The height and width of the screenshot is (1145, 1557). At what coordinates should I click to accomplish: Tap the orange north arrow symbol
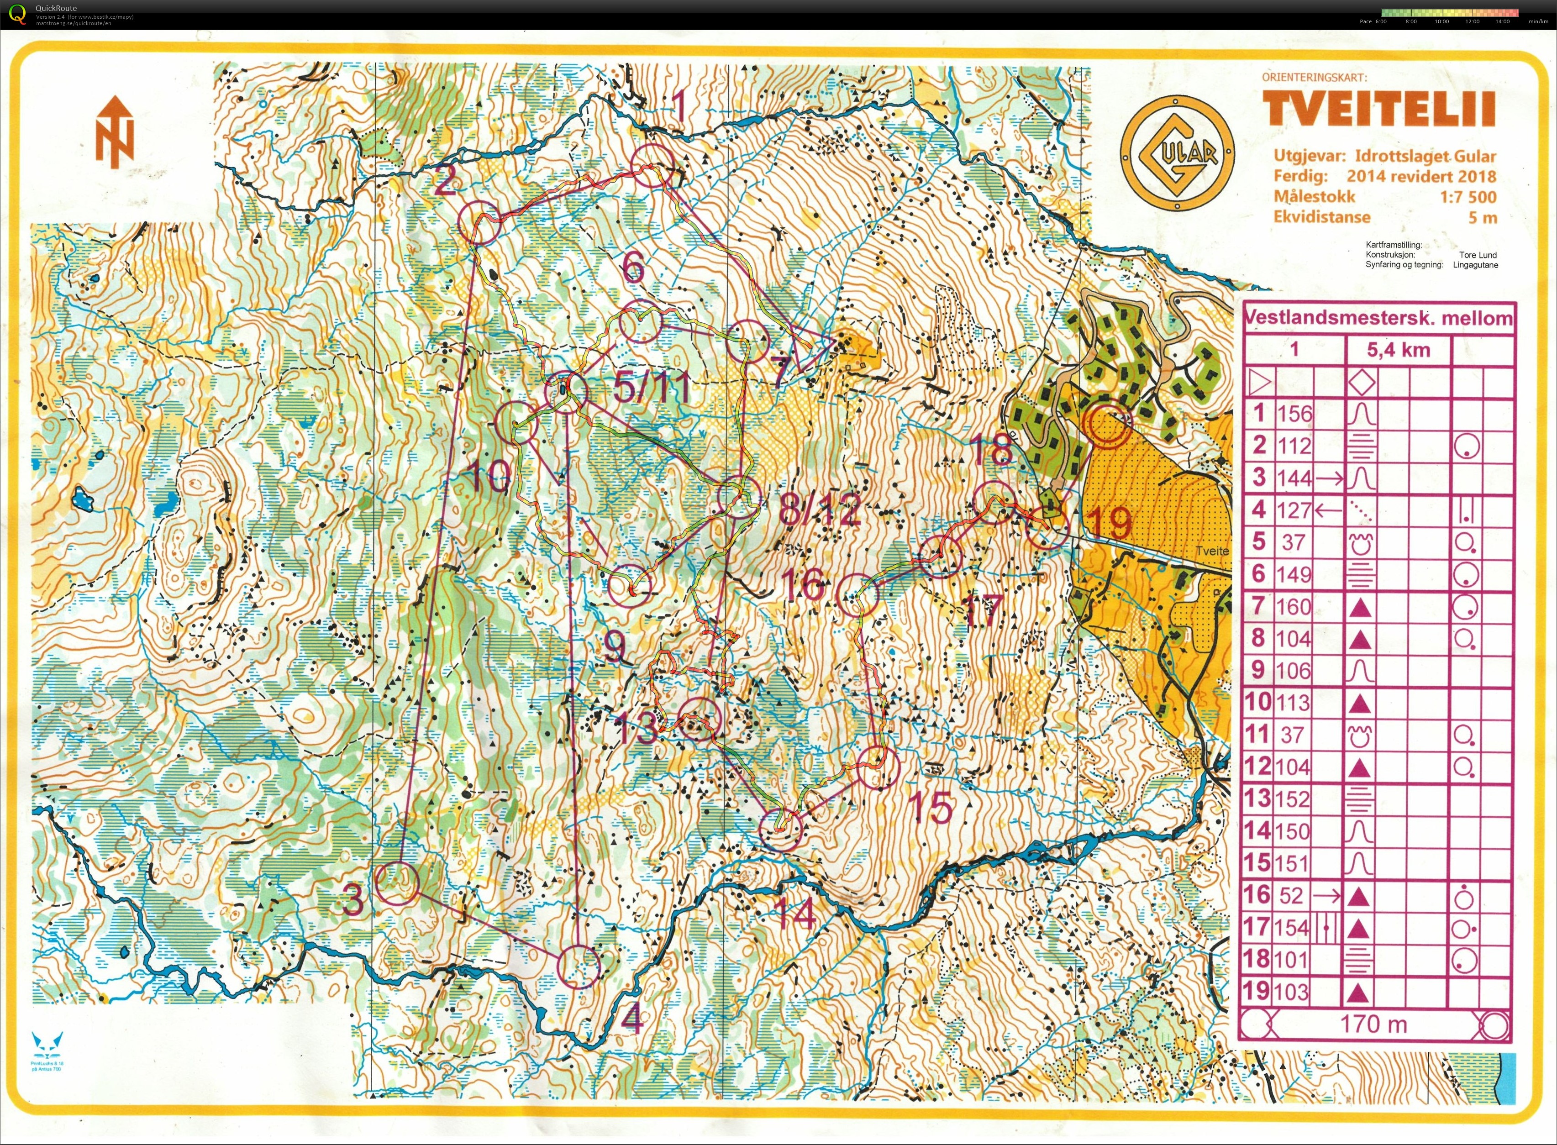point(114,131)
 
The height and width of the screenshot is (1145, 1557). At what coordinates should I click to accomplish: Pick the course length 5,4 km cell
point(1398,350)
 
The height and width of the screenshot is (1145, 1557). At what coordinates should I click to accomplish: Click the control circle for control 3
point(397,883)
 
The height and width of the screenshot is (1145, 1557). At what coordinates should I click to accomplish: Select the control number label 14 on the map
point(794,914)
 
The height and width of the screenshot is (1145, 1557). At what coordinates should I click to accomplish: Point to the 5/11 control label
point(652,386)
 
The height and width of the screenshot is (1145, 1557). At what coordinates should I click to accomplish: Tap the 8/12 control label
point(820,509)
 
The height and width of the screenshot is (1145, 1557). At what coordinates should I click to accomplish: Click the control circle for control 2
point(479,222)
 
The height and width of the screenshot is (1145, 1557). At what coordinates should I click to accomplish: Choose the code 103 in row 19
point(1294,992)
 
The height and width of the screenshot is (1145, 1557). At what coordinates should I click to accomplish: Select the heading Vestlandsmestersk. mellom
point(1378,318)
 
